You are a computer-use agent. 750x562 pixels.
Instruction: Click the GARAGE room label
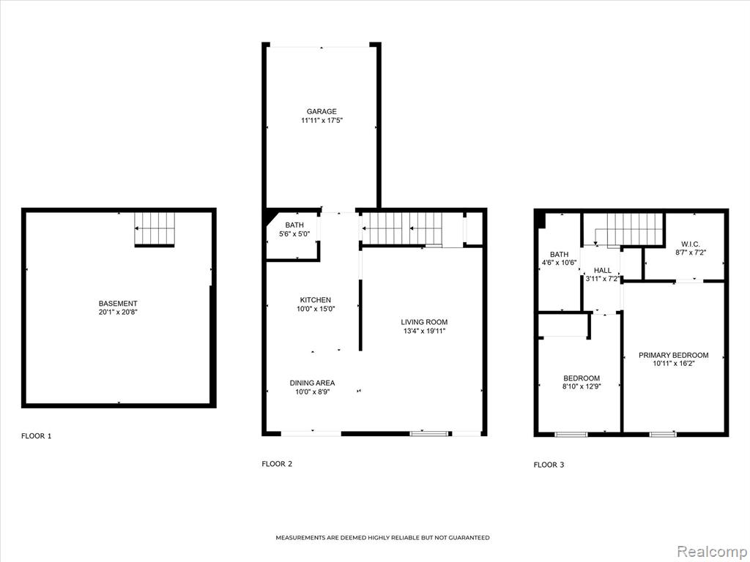pos(322,112)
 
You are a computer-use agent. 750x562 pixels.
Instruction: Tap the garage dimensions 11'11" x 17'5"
pos(322,121)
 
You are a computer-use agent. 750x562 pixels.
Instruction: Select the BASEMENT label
pos(118,304)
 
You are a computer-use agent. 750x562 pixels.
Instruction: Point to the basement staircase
pos(155,229)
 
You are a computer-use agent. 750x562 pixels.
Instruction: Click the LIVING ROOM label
pos(424,322)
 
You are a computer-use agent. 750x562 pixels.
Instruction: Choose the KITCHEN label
pos(315,300)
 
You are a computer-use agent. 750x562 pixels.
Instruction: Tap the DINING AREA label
pos(312,383)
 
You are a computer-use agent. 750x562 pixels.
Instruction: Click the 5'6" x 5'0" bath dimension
pos(294,234)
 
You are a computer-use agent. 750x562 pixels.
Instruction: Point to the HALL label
pos(603,271)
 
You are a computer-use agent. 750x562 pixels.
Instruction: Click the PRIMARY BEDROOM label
pos(674,355)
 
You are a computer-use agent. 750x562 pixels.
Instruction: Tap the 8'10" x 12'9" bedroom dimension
pos(582,386)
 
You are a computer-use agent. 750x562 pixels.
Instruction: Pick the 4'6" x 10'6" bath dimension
pos(559,263)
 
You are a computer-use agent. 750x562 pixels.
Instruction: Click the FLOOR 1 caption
pos(37,436)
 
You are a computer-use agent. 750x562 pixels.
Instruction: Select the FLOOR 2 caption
pos(277,463)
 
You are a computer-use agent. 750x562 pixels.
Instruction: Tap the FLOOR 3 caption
pos(549,465)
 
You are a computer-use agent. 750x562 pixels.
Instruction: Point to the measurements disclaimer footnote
pos(382,538)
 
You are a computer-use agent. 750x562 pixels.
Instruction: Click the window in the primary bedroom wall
pos(663,434)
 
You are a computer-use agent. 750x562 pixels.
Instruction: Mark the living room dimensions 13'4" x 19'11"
pos(424,331)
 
